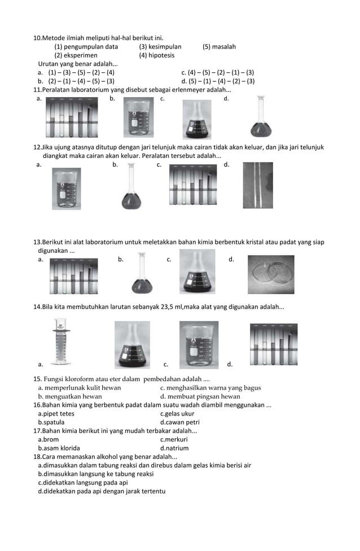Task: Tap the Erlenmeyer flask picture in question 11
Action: (196, 119)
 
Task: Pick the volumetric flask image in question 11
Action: (260, 118)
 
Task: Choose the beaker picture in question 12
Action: (66, 189)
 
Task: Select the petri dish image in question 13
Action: (270, 274)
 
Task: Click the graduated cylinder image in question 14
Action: (60, 342)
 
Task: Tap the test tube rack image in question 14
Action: (273, 344)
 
